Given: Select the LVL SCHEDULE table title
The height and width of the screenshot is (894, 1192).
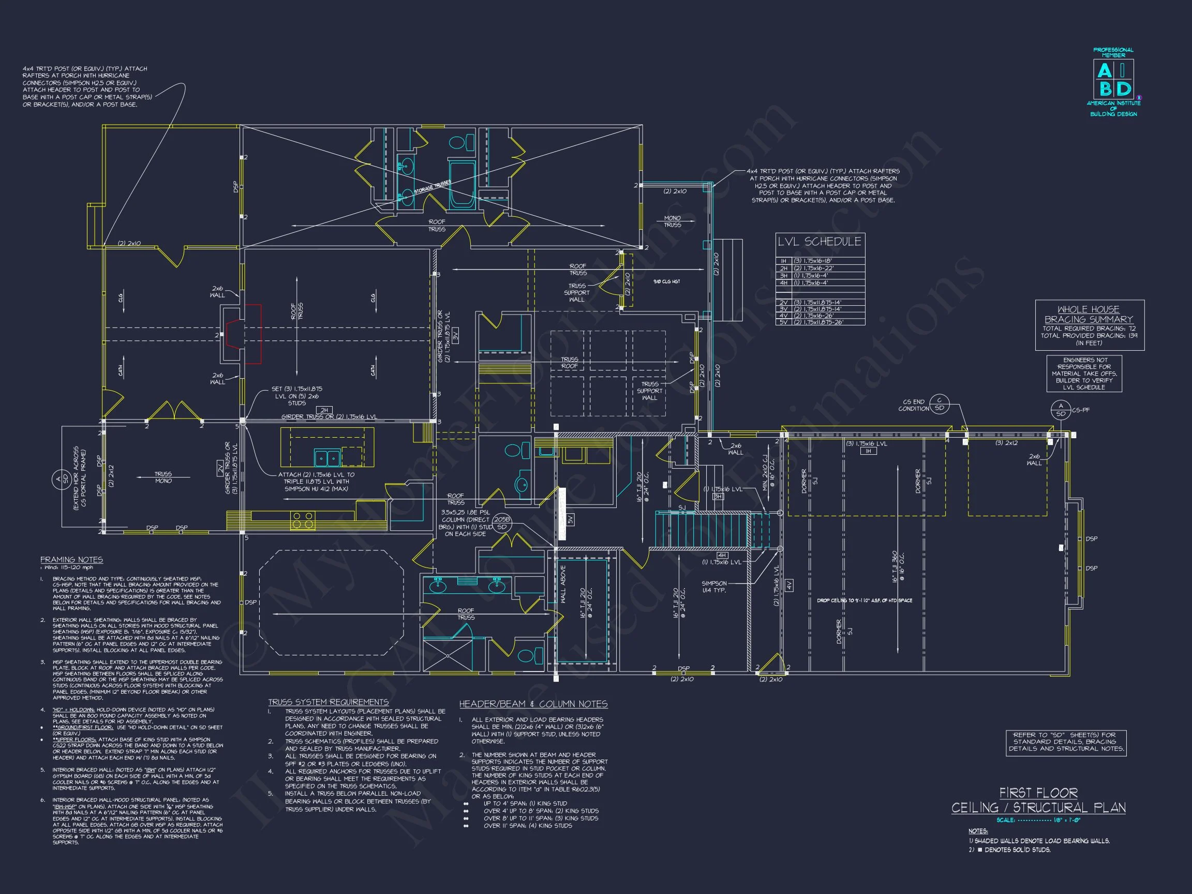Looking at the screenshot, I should pyautogui.click(x=819, y=242).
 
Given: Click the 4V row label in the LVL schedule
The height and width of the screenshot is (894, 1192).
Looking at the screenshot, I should pyautogui.click(x=783, y=316).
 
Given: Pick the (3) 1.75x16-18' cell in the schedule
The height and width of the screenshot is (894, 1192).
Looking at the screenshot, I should pyautogui.click(x=813, y=261).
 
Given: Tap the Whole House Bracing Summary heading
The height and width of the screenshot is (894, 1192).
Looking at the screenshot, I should pyautogui.click(x=1089, y=314).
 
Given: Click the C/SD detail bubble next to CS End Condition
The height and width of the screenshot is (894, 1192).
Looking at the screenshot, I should pyautogui.click(x=939, y=404).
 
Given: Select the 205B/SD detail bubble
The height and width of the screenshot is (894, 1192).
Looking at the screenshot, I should pyautogui.click(x=502, y=523).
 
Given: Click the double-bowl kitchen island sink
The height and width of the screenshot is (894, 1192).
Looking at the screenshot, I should pyautogui.click(x=327, y=458).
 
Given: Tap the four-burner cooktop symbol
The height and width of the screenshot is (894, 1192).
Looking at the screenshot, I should pyautogui.click(x=303, y=520).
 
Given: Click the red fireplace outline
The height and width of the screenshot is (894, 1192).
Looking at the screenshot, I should pyautogui.click(x=245, y=334).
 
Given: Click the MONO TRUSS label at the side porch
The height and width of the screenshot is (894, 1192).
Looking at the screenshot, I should pyautogui.click(x=672, y=221).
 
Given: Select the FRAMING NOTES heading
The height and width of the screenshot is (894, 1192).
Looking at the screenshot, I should pyautogui.click(x=72, y=560).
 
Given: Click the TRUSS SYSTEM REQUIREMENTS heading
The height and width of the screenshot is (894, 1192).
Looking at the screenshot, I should pyautogui.click(x=328, y=702).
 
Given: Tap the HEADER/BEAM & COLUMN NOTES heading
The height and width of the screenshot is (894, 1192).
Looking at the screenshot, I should pyautogui.click(x=533, y=704).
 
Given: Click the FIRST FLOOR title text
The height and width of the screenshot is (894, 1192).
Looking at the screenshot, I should pyautogui.click(x=1038, y=793).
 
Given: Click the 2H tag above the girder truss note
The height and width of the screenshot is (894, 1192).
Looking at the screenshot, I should pyautogui.click(x=324, y=410).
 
